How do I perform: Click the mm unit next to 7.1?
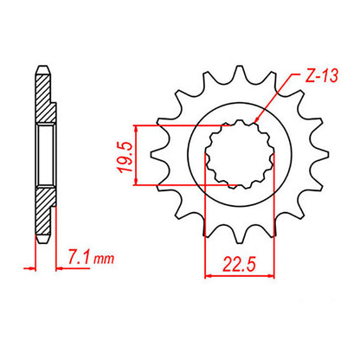[103, 257]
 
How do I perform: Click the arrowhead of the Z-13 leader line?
[258, 129]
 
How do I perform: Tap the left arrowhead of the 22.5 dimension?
[209, 277]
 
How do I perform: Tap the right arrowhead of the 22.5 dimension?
[260, 277]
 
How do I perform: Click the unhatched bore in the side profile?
[46, 156]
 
